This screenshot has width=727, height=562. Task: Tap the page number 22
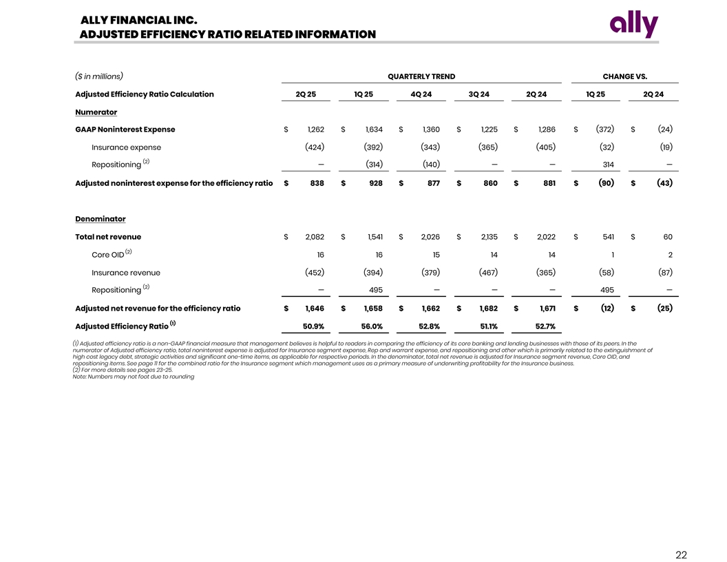681,555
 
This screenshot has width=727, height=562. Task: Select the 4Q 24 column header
421,94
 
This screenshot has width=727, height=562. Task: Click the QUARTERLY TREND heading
421,76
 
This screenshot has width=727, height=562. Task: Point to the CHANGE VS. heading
624,76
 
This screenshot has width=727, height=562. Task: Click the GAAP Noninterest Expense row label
125,129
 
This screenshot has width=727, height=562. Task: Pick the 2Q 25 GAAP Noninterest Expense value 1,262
315,129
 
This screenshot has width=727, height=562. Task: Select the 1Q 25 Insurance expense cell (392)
373,147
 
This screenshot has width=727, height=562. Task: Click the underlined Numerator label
96,112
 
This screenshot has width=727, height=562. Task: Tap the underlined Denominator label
100,219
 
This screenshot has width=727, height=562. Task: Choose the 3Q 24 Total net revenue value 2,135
488,237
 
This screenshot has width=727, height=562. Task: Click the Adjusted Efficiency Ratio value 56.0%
372,326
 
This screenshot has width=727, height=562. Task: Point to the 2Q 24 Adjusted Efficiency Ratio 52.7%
545,326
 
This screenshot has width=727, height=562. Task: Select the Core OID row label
107,255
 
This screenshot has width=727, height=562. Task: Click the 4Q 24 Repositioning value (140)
430,165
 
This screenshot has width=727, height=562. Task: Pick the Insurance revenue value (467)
488,273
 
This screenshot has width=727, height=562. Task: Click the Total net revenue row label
108,237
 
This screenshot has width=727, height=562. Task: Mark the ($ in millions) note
99,76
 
